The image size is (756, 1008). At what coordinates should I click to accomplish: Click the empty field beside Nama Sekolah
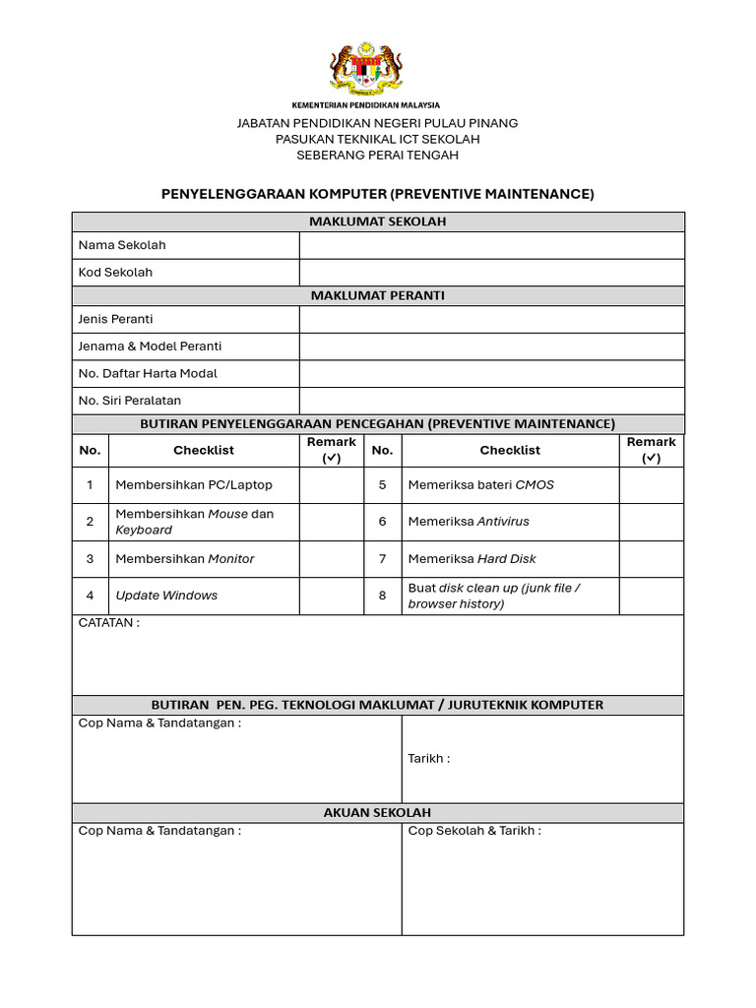[491, 245]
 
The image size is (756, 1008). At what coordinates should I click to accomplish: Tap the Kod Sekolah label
[115, 273]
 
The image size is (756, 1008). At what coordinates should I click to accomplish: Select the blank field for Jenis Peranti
[491, 319]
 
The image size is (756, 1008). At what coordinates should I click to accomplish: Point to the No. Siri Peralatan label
[129, 401]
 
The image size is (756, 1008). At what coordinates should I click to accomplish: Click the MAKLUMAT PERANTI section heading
[378, 295]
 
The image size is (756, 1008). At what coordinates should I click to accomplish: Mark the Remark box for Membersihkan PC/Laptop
[331, 485]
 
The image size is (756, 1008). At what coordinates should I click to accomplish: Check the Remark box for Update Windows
[331, 596]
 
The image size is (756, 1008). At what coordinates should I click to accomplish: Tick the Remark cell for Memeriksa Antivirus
[651, 522]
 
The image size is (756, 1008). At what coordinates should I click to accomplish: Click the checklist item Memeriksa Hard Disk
[472, 559]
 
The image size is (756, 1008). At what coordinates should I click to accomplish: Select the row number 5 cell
[383, 485]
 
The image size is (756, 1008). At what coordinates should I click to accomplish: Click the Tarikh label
[428, 759]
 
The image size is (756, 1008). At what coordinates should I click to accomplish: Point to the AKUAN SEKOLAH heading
[378, 813]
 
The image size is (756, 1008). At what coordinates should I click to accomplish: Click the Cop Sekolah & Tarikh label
[473, 831]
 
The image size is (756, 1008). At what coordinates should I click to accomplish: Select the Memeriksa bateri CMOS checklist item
[480, 485]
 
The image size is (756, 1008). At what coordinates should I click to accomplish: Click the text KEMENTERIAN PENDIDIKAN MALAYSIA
[366, 104]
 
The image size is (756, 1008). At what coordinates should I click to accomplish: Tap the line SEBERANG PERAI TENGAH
[378, 156]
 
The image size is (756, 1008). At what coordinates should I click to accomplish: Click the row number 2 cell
[90, 522]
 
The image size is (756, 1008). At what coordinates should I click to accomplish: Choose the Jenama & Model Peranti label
[150, 346]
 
